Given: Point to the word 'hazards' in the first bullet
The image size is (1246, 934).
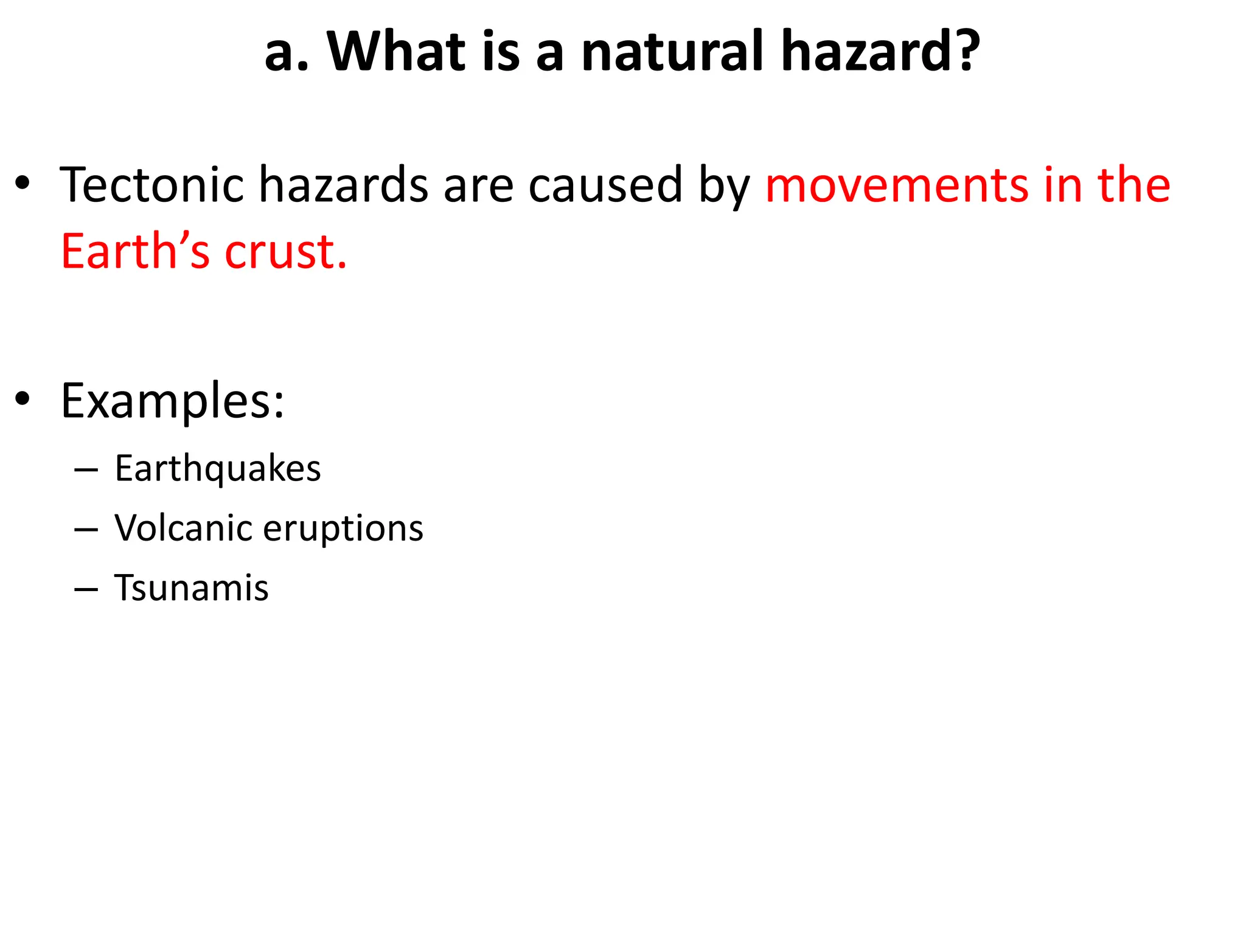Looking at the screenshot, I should click(344, 185).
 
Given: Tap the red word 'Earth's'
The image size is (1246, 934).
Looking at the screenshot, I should click(135, 251).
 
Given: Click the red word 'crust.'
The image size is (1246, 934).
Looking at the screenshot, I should click(285, 251).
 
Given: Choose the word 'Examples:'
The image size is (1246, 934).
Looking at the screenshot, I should click(172, 401).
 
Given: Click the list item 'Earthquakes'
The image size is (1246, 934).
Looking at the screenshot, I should click(217, 469).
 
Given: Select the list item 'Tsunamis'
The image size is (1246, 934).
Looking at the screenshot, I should click(191, 588).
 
